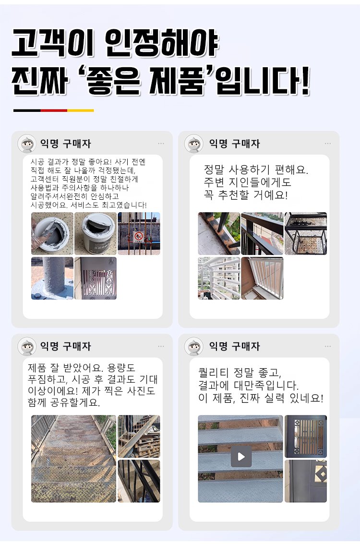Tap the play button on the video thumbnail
pyautogui.click(x=241, y=456)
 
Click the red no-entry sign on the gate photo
pyautogui.click(x=138, y=236)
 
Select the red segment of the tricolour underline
pyautogui.click(x=54, y=110)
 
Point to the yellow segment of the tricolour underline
pyautogui.click(x=81, y=110)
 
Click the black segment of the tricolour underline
pyautogui.click(x=27, y=110)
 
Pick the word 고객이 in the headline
pyautogui.click(x=53, y=43)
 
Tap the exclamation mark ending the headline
pyautogui.click(x=304, y=81)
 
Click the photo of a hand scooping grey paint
pyautogui.click(x=52, y=233)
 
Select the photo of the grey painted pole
pyautogui.click(x=52, y=278)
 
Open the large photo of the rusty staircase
pyautogui.click(x=73, y=459)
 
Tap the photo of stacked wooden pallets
pyautogui.click(x=139, y=436)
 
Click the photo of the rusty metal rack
pyautogui.click(x=306, y=233)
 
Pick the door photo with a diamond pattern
pyautogui.click(x=306, y=481)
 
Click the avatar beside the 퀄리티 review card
pyautogui.click(x=193, y=346)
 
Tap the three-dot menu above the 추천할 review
pyautogui.click(x=328, y=144)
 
